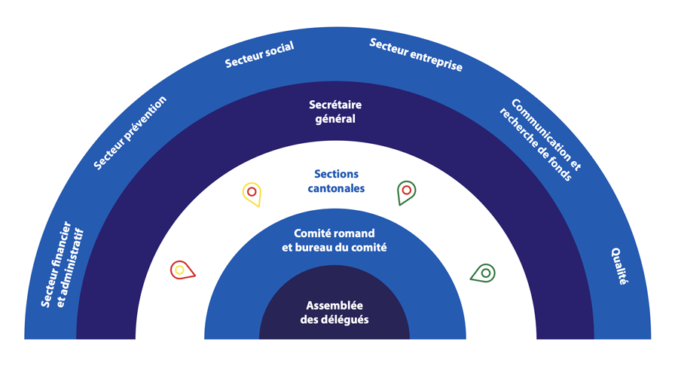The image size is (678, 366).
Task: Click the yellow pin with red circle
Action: pyautogui.click(x=252, y=193)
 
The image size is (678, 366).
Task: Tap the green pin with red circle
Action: pyautogui.click(x=406, y=191)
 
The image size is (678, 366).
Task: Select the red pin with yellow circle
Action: pyautogui.click(x=182, y=270)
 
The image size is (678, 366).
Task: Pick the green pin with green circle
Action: pyautogui.click(x=484, y=273)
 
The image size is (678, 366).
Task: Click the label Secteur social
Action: pyautogui.click(x=259, y=55)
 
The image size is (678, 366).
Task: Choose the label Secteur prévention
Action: pyautogui.click(x=130, y=133)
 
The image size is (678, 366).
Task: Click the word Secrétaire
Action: pyautogui.click(x=335, y=105)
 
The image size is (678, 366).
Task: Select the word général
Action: pyautogui.click(x=335, y=119)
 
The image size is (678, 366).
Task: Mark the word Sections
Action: pyautogui.click(x=336, y=174)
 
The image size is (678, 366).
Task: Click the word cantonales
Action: pyautogui.click(x=336, y=188)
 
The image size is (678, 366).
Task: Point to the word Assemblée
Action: pyautogui.click(x=334, y=306)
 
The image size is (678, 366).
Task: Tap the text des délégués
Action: pyautogui.click(x=334, y=320)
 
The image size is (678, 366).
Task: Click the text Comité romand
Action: pyautogui.click(x=334, y=233)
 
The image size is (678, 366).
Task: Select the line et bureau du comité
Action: pyautogui.click(x=334, y=248)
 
